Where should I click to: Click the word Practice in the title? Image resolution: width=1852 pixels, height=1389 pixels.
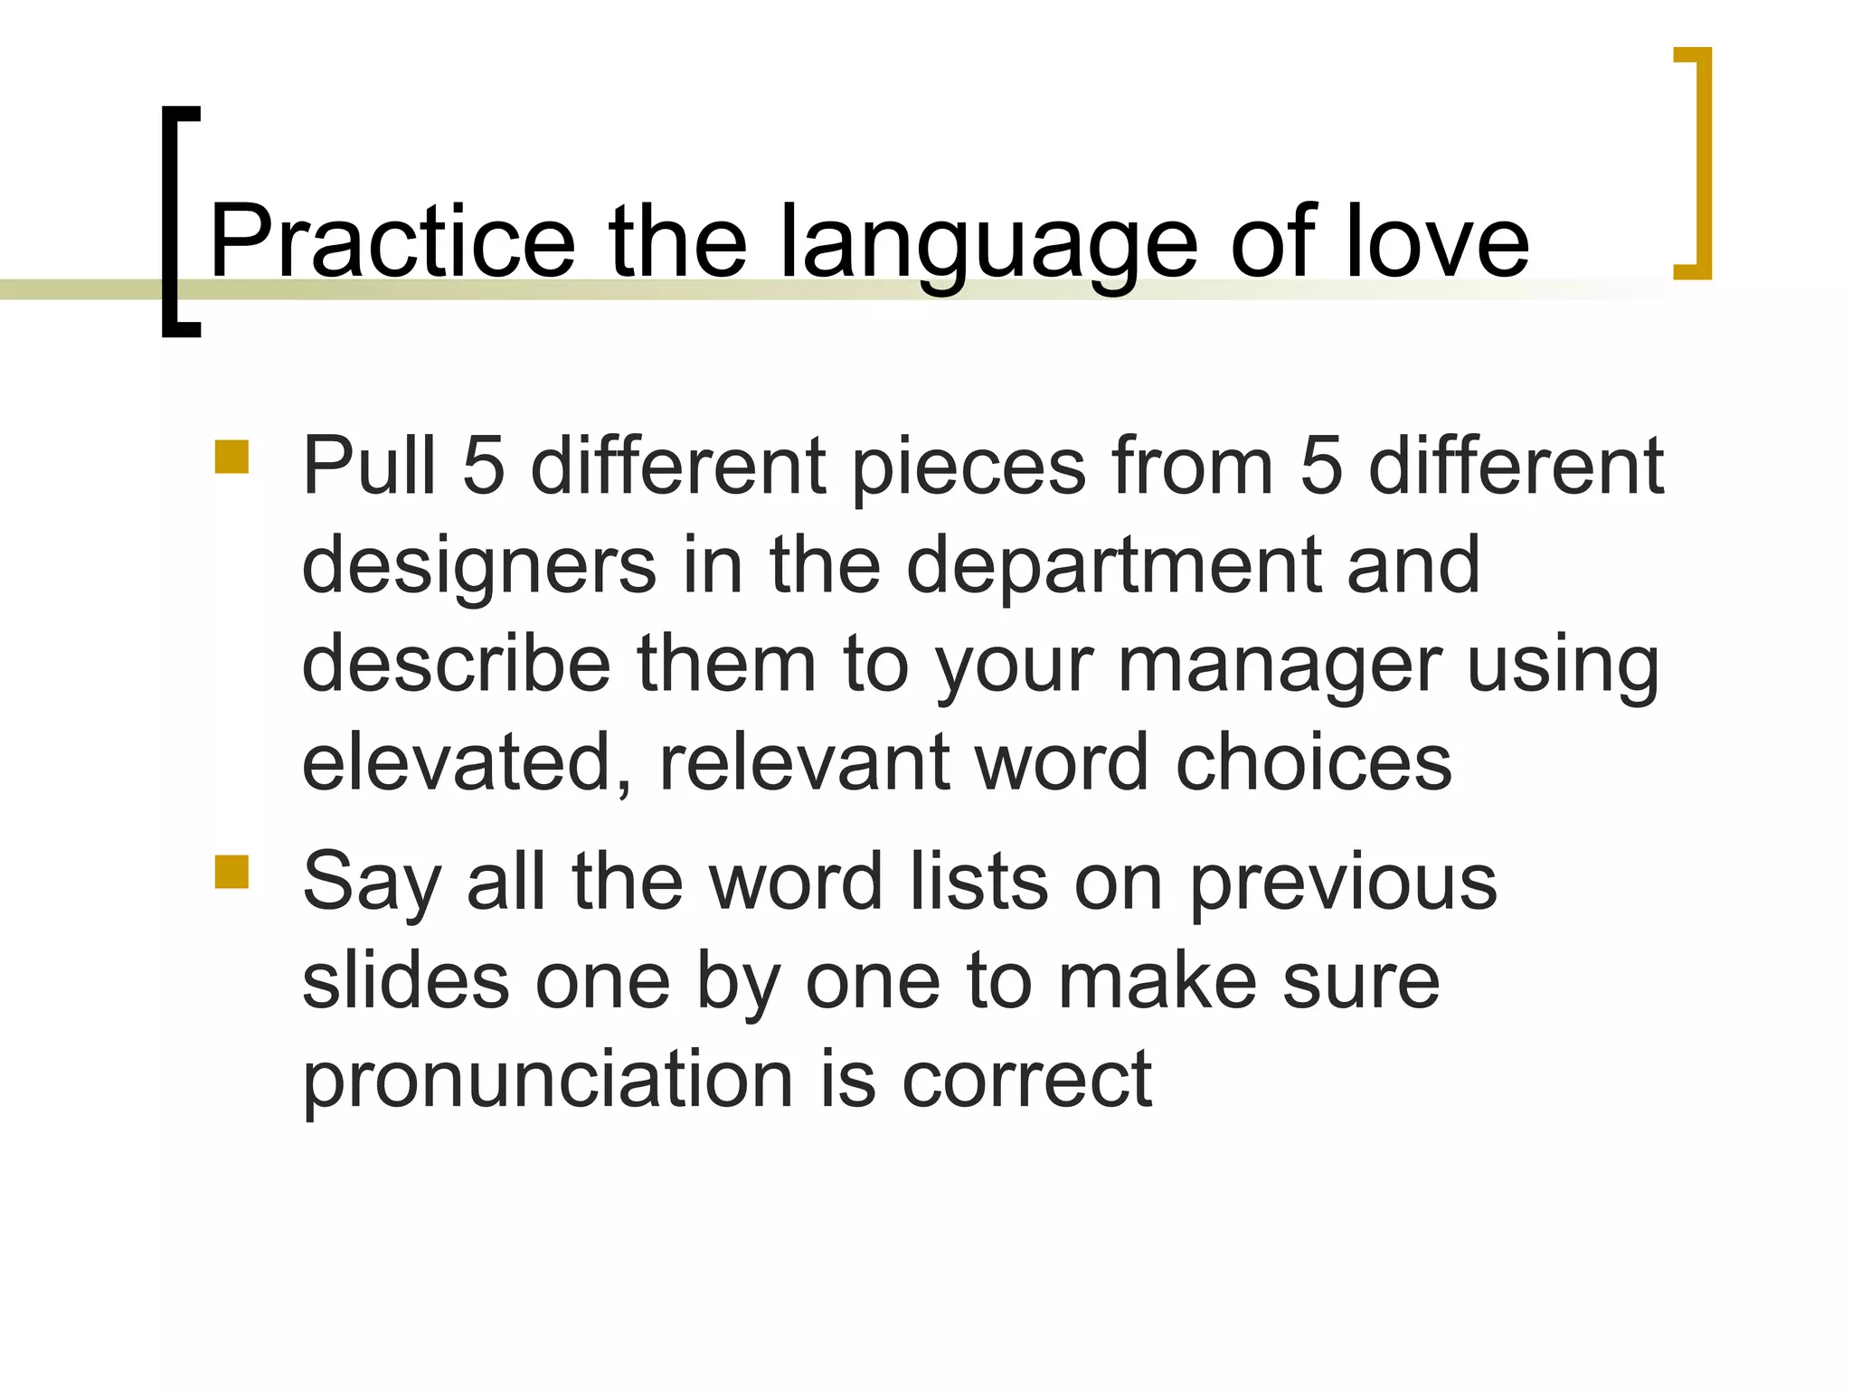(x=392, y=242)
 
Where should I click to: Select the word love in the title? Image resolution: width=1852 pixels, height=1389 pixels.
(x=1437, y=242)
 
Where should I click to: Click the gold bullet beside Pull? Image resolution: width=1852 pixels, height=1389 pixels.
(x=231, y=458)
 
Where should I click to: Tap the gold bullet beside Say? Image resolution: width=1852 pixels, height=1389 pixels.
(x=231, y=873)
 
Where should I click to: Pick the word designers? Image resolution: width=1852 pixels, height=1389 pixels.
(x=478, y=568)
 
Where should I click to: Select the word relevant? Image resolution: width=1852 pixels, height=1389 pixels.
(x=805, y=764)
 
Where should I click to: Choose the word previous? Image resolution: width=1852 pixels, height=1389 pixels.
(x=1343, y=885)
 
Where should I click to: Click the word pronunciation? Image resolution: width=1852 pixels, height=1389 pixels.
(x=547, y=1082)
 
